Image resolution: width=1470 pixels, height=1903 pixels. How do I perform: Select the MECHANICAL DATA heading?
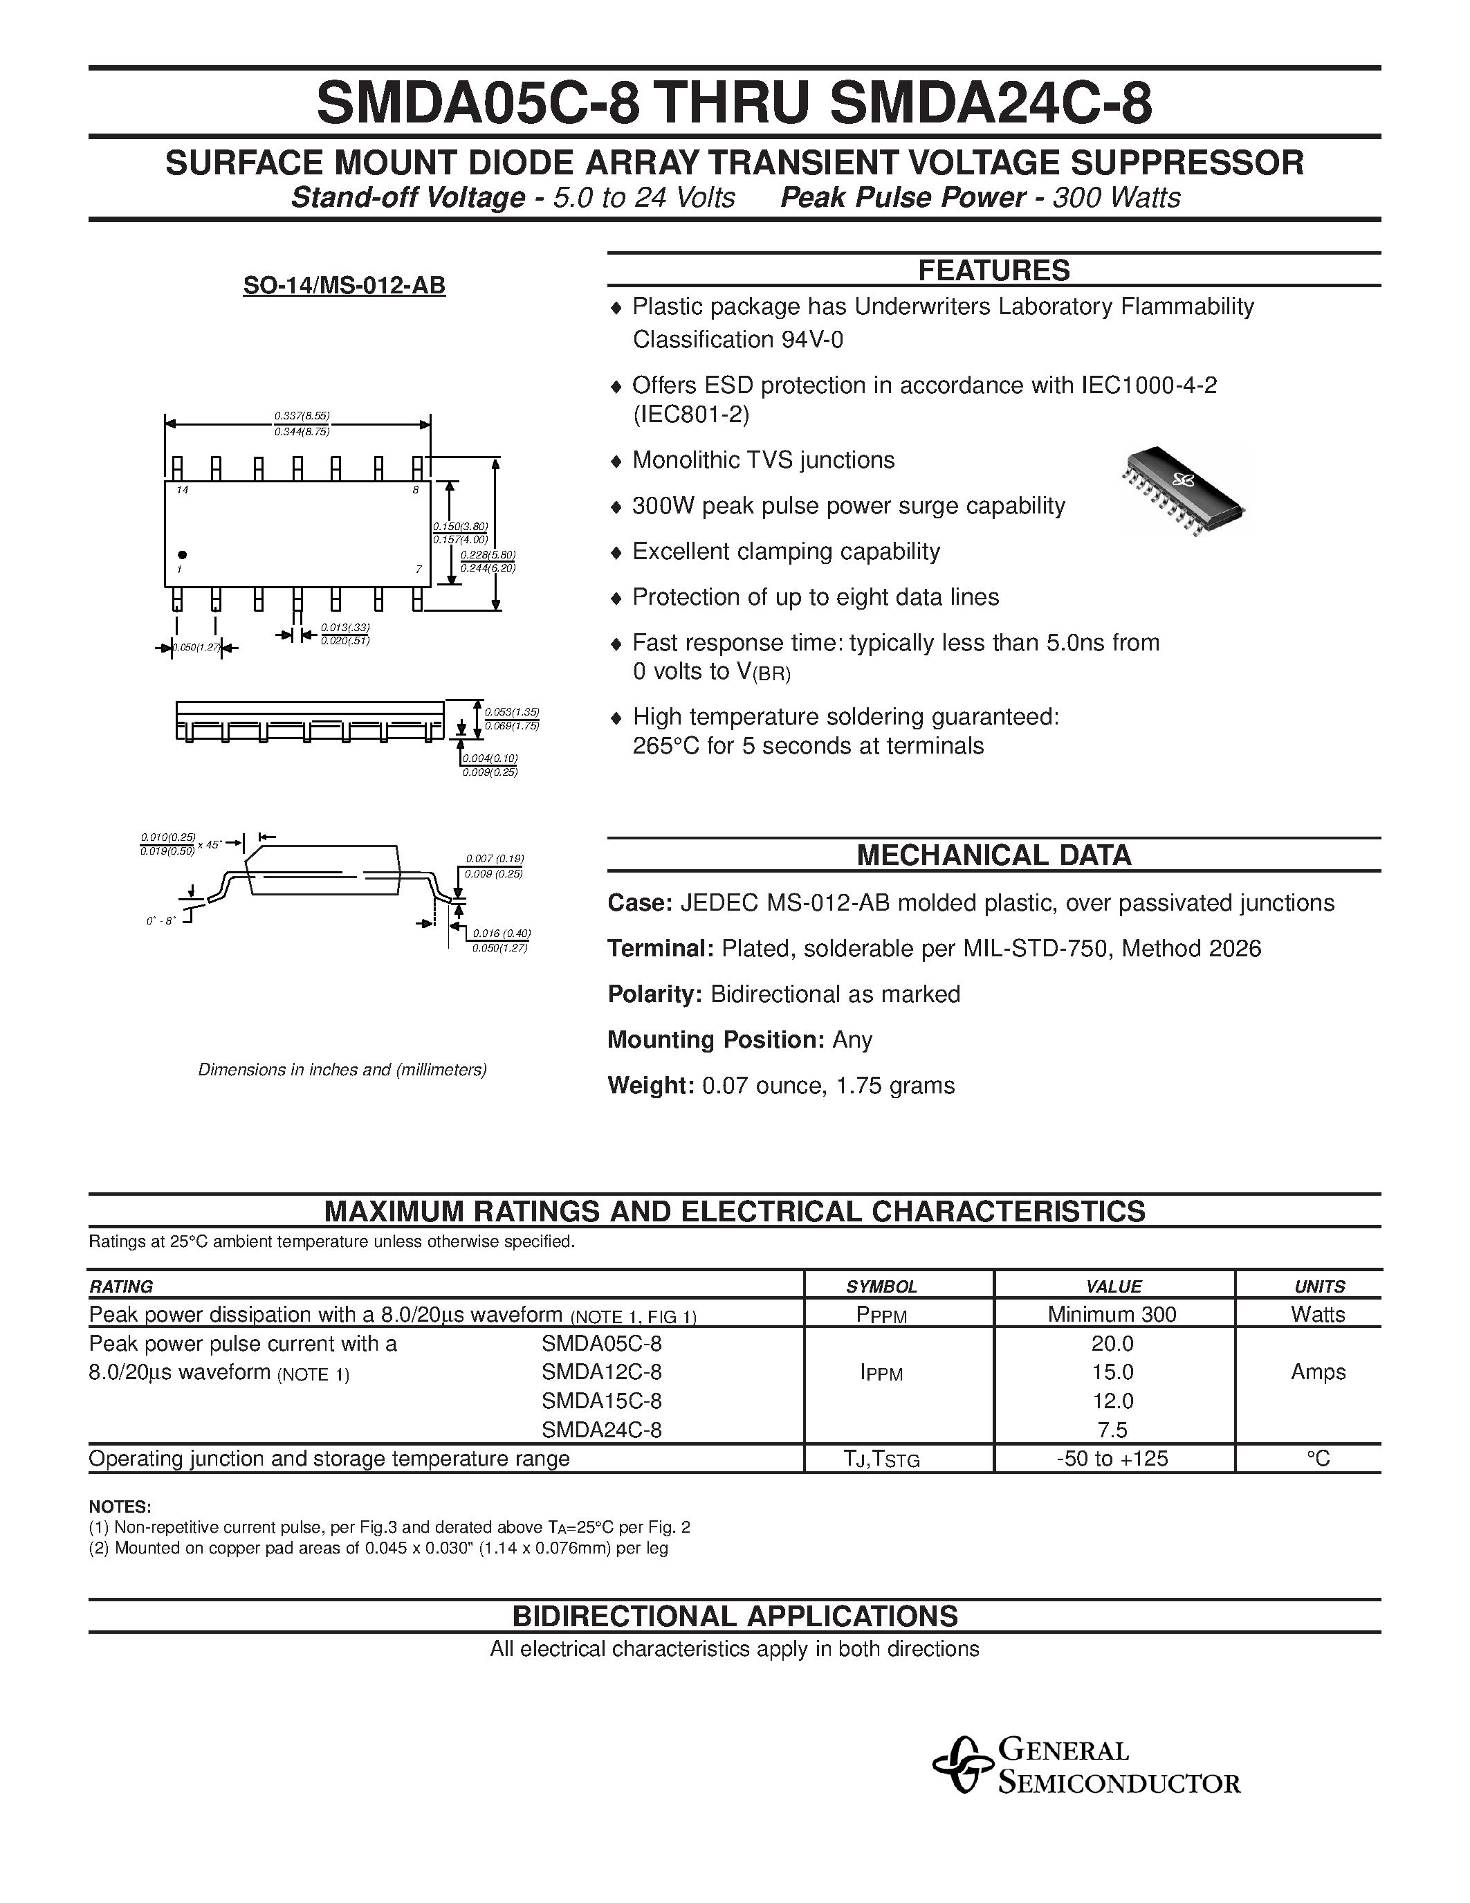[x=993, y=855]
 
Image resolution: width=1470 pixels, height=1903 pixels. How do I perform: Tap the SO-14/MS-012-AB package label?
[x=344, y=285]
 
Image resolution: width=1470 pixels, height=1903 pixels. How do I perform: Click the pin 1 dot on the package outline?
[x=182, y=554]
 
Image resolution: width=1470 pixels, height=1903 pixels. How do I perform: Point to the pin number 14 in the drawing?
[x=182, y=491]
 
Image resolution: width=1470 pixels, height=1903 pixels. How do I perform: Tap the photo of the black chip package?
[x=1184, y=491]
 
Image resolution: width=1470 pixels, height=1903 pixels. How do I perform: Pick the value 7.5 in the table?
[x=1112, y=1430]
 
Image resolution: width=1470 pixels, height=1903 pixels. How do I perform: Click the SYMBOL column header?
[x=881, y=1286]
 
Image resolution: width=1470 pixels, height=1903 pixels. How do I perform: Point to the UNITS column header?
[x=1319, y=1286]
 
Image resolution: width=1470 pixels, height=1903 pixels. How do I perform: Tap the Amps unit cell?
[x=1318, y=1372]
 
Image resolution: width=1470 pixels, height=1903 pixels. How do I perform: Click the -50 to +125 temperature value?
[x=1112, y=1459]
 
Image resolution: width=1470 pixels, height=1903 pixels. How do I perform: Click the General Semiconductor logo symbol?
[x=962, y=1765]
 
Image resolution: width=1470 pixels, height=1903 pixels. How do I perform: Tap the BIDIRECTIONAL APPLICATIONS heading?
[x=734, y=1617]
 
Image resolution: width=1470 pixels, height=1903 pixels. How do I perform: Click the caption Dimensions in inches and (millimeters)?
[x=342, y=1069]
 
